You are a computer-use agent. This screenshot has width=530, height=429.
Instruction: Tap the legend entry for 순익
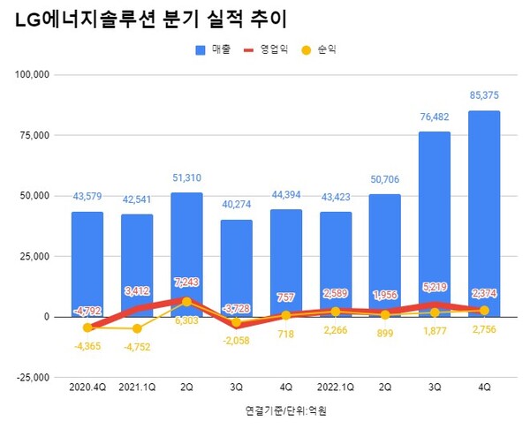(x=316, y=50)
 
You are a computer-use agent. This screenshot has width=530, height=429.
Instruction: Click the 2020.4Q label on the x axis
(x=87, y=387)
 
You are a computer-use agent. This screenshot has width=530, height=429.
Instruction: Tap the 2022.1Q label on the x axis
(x=336, y=387)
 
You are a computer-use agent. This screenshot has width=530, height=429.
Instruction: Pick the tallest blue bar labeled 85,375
(x=484, y=212)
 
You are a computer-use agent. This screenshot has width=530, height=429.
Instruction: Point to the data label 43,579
(x=87, y=196)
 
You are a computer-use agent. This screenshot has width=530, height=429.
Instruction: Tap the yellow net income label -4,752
(x=137, y=345)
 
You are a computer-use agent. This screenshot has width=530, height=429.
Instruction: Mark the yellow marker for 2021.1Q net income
(x=137, y=328)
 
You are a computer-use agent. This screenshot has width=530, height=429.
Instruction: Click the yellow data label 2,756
(x=484, y=328)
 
